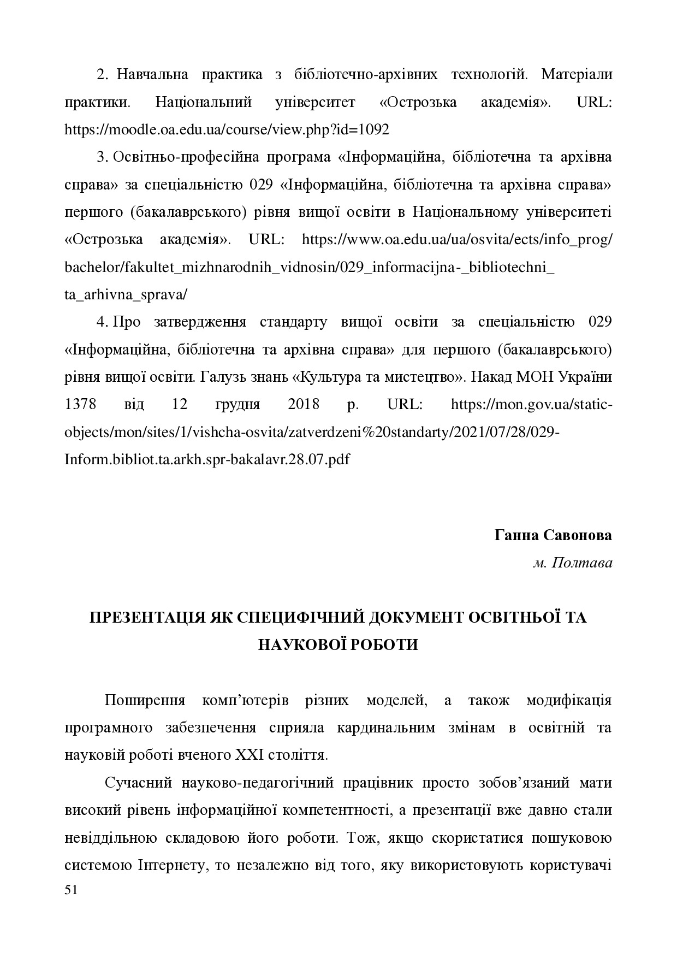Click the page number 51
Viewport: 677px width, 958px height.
pos(71,890)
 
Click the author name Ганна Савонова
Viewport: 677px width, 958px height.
pos(553,535)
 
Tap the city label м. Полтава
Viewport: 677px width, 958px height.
pos(573,563)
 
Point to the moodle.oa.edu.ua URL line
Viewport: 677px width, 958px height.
pos(227,130)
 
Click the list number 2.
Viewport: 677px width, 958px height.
pos(101,75)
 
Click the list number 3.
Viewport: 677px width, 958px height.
pos(101,157)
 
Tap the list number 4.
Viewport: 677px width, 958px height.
pos(101,322)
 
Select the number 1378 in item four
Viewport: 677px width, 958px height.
pos(80,405)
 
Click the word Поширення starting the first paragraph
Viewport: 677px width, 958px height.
pos(145,701)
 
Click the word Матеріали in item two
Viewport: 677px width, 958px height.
pos(577,75)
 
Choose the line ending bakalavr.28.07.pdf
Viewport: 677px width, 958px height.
pos(207,459)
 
